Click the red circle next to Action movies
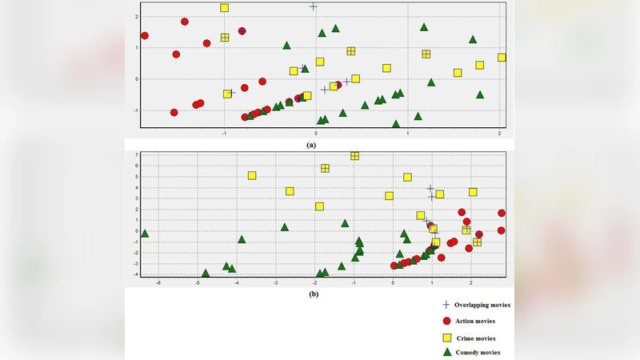pyautogui.click(x=447, y=321)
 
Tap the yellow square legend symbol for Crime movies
pyautogui.click(x=447, y=338)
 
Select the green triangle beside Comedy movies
pyautogui.click(x=447, y=353)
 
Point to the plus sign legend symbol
pyautogui.click(x=447, y=305)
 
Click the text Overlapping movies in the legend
pyautogui.click(x=483, y=305)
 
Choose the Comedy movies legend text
pyautogui.click(x=478, y=353)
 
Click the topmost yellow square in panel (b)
pyautogui.click(x=354, y=155)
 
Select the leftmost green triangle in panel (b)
pyautogui.click(x=145, y=233)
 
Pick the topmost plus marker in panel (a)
pyautogui.click(x=314, y=6)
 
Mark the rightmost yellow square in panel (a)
pyautogui.click(x=502, y=58)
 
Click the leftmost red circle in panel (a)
pyautogui.click(x=145, y=35)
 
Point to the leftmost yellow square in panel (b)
pyautogui.click(x=252, y=175)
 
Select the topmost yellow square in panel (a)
pyautogui.click(x=225, y=8)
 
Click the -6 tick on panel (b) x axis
pyautogui.click(x=158, y=282)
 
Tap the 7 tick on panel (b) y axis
pyautogui.click(x=138, y=154)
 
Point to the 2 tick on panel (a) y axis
pyautogui.click(x=138, y=16)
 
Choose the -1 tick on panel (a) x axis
pyautogui.click(x=225, y=132)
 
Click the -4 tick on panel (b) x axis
pyautogui.click(x=237, y=282)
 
